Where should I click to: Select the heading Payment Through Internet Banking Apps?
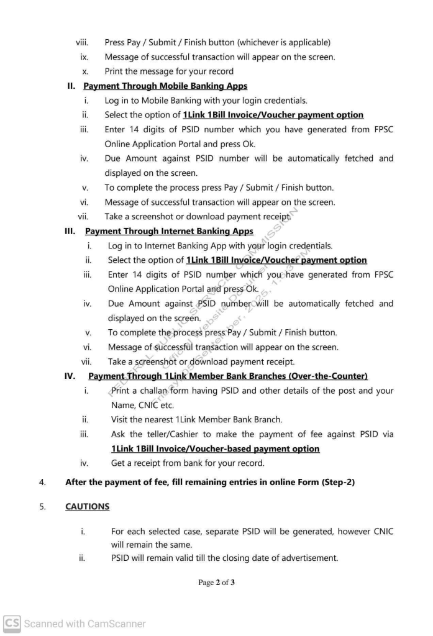tap(169, 231)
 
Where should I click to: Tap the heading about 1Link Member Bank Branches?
tap(228, 376)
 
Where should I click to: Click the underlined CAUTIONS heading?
tap(87, 506)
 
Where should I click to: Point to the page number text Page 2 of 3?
tap(216, 583)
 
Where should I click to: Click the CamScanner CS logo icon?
tap(11, 623)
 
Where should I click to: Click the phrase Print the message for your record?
tap(169, 71)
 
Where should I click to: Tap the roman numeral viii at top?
tap(82, 42)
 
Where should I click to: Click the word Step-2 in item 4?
tap(338, 482)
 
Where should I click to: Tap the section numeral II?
tap(71, 86)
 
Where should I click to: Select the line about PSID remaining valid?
tap(224, 558)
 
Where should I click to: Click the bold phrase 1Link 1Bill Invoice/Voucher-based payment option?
tap(216, 448)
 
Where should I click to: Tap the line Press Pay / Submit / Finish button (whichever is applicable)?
tap(217, 42)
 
